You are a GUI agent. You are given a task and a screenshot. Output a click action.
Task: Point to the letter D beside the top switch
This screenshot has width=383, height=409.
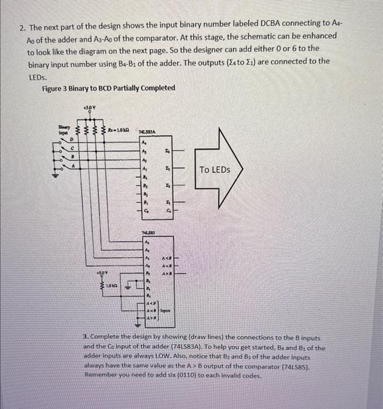point(72,141)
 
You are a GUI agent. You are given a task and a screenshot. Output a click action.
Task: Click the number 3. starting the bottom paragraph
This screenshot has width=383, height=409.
point(86,338)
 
